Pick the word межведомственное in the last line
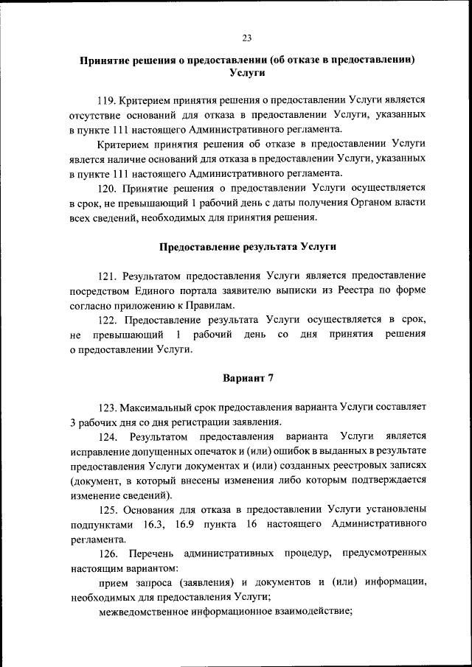click(141, 611)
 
